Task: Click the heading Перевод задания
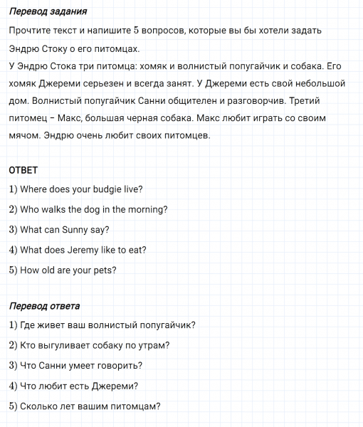point(48,13)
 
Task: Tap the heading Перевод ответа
point(44,306)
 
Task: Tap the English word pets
point(104,270)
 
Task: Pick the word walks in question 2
point(58,210)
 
